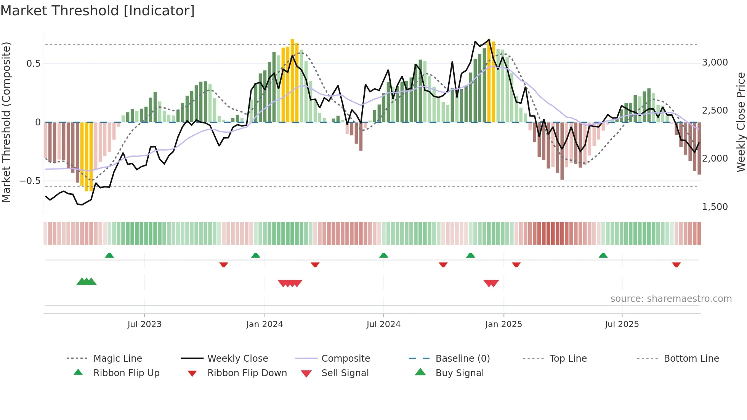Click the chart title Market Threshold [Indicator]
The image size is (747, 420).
(98, 11)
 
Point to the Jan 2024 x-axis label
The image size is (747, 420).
(264, 324)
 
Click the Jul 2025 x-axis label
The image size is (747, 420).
(622, 324)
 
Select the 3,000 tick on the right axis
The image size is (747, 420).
(715, 63)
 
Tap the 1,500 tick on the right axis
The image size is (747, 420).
(715, 207)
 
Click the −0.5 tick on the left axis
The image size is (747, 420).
(30, 181)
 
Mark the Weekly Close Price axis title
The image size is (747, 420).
(741, 122)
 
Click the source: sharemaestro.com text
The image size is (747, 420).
(671, 299)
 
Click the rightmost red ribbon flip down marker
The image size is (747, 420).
(676, 265)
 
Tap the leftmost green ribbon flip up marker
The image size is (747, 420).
(109, 255)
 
